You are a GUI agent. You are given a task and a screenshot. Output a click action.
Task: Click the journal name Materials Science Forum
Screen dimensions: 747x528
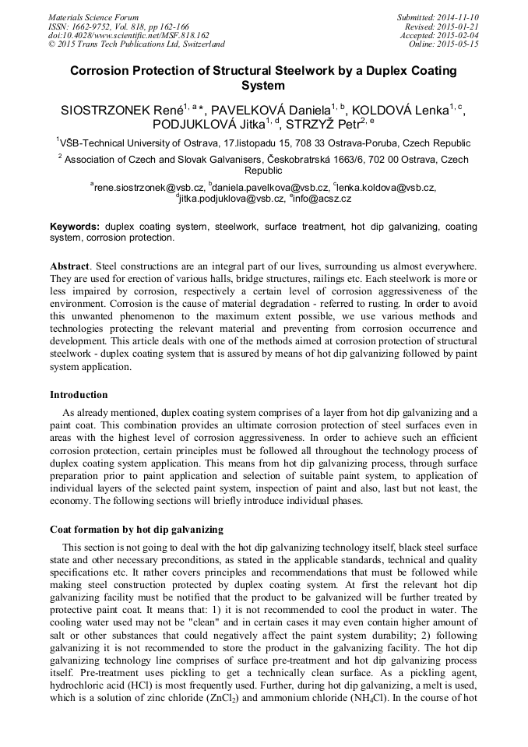(93, 16)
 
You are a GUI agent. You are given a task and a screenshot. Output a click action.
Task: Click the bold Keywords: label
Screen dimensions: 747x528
(75, 227)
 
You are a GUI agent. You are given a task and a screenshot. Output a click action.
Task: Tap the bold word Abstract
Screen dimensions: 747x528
(69, 266)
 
